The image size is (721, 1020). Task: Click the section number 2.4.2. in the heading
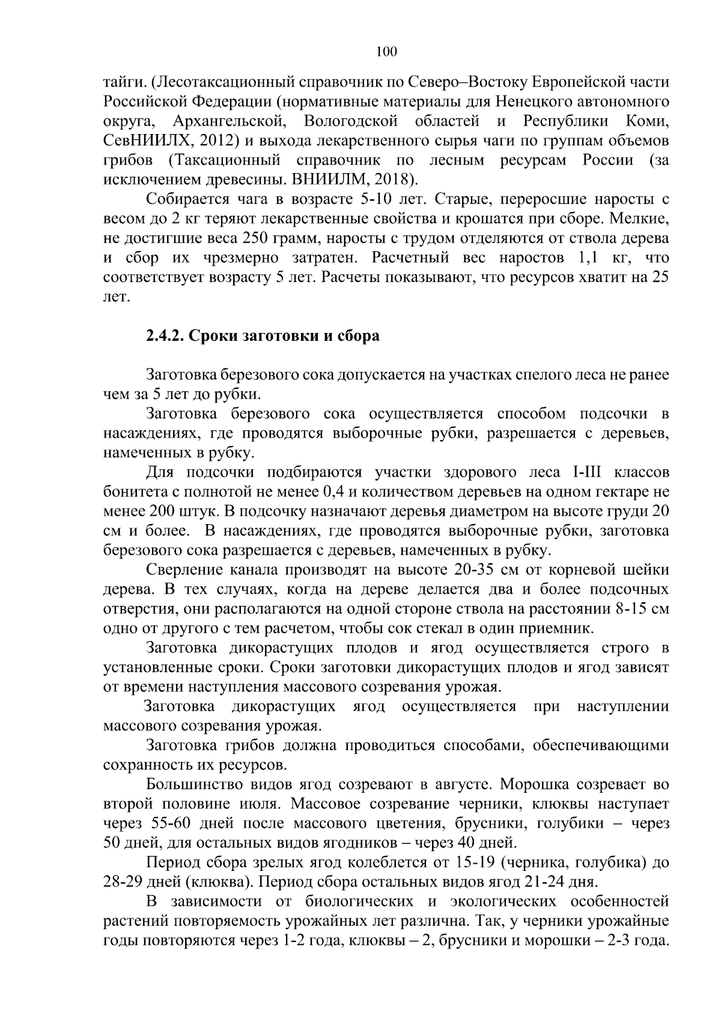point(165,335)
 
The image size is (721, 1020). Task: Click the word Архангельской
point(229,121)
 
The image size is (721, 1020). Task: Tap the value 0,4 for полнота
point(336,492)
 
